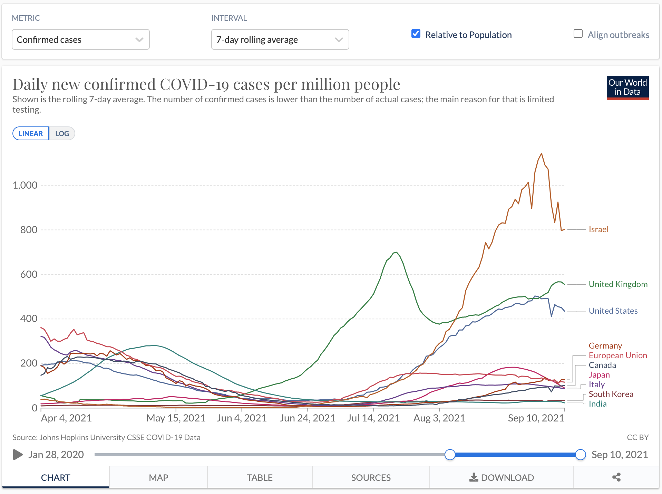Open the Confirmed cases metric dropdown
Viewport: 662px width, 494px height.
pyautogui.click(x=80, y=40)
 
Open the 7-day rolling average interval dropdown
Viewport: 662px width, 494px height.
pyautogui.click(x=280, y=40)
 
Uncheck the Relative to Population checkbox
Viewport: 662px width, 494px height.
pyautogui.click(x=416, y=34)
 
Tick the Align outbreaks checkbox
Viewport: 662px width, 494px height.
pyautogui.click(x=578, y=34)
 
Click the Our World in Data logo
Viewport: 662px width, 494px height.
pyautogui.click(x=627, y=88)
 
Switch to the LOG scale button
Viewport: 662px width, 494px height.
pyautogui.click(x=62, y=134)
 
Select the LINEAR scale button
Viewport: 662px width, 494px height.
pyautogui.click(x=31, y=134)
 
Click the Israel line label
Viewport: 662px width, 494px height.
pyautogui.click(x=598, y=229)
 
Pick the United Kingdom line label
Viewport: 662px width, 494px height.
pyautogui.click(x=618, y=284)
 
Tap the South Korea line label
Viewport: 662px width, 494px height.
pyautogui.click(x=611, y=394)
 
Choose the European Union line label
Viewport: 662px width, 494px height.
pyautogui.click(x=617, y=355)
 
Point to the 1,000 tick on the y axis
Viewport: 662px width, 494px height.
pyautogui.click(x=25, y=185)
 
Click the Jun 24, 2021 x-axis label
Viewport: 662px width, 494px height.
pyautogui.click(x=307, y=418)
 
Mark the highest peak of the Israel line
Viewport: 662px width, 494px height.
pyautogui.click(x=541, y=154)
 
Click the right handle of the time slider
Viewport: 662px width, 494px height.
pyautogui.click(x=581, y=455)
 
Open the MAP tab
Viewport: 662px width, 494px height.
pyautogui.click(x=158, y=477)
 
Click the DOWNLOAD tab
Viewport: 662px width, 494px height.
pyautogui.click(x=502, y=477)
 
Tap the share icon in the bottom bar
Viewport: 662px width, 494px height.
pyautogui.click(x=616, y=477)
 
